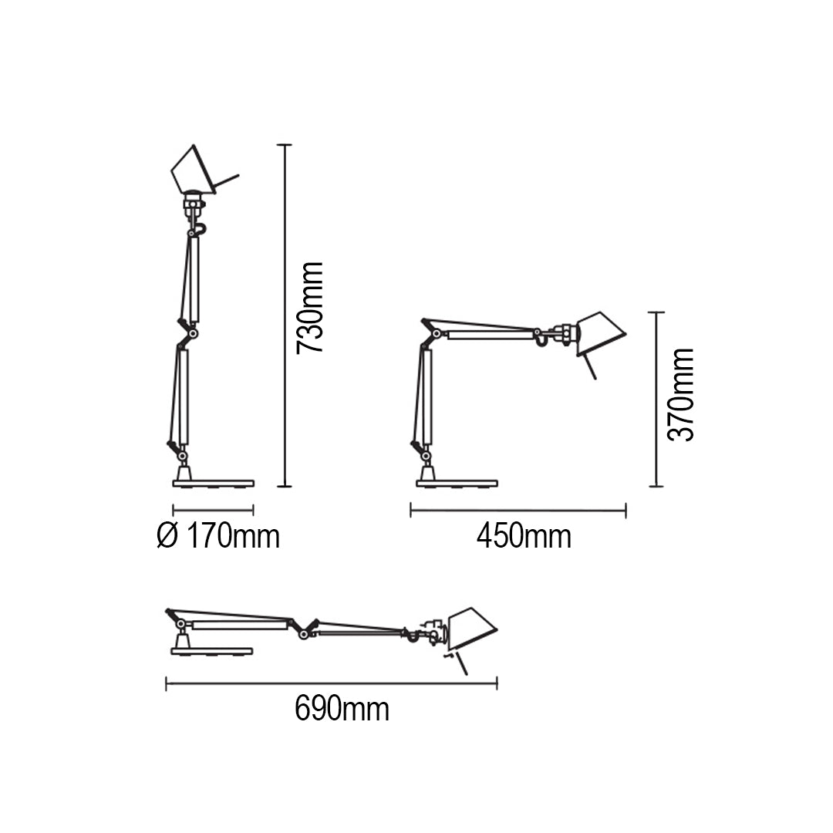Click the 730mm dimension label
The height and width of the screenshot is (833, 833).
coord(310,307)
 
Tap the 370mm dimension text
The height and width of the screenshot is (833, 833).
coord(680,394)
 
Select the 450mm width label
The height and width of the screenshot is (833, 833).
coord(524,537)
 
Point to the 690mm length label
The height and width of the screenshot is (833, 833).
coord(342,709)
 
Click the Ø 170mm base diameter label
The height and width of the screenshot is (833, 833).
coord(218,536)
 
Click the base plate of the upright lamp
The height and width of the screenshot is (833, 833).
coord(213,484)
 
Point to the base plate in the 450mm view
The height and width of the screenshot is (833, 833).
coord(457,484)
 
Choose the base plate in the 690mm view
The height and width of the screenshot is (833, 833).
coord(211,651)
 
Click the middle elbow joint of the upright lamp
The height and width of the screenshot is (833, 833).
coord(192,333)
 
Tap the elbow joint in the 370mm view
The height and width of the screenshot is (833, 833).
coord(438,333)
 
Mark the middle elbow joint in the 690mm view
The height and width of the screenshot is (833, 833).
coord(305,633)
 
